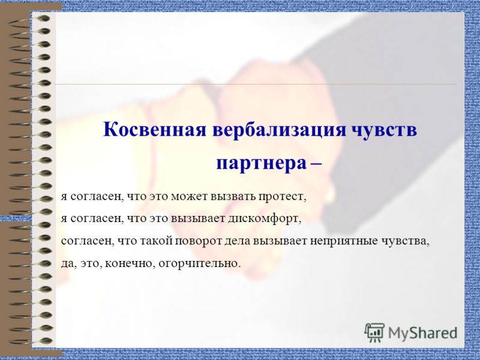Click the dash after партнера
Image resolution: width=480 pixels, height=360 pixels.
pos(316,163)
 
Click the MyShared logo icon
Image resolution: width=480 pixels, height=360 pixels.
pos(374,332)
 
